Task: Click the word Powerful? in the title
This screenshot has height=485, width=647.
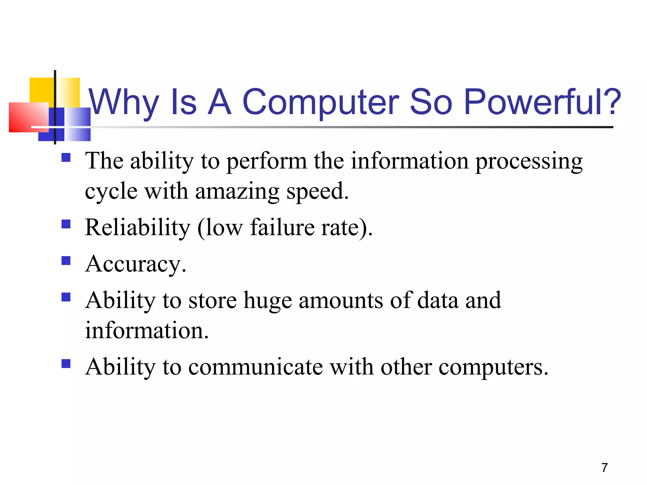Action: (x=542, y=102)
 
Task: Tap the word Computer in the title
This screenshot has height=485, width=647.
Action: (x=320, y=102)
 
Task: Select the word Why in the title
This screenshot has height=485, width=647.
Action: (x=124, y=102)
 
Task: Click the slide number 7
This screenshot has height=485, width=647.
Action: (x=604, y=468)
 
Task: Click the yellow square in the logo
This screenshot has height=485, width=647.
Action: (x=41, y=90)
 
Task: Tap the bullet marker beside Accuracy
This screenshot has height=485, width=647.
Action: (x=66, y=260)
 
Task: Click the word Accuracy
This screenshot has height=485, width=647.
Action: (x=136, y=264)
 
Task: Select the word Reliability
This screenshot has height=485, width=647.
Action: (x=137, y=227)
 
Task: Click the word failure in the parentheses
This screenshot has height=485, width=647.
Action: (x=282, y=227)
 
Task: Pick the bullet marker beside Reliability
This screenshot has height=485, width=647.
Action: (x=66, y=224)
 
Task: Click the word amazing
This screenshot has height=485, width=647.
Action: (x=237, y=191)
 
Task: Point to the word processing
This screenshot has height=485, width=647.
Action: (x=529, y=161)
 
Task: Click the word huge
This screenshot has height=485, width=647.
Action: (x=268, y=301)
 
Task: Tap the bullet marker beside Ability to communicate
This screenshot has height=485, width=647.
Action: (x=66, y=364)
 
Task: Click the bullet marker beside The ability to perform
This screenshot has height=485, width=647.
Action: (x=66, y=157)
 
